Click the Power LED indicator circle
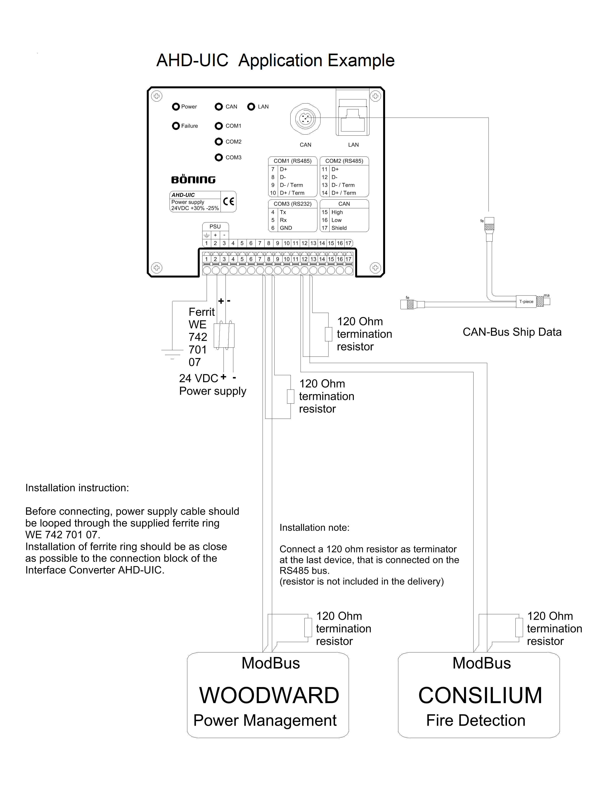coord(176,107)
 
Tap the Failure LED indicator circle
coord(176,126)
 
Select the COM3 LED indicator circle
coord(219,157)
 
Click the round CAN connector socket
coord(306,118)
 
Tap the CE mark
coord(229,202)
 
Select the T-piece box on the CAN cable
coord(526,302)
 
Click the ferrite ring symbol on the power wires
coord(224,336)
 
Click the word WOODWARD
coord(269,695)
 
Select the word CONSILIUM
coord(480,695)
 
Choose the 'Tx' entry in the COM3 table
coord(283,212)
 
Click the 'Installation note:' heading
coord(314,528)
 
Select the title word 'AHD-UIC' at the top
coord(192,61)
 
